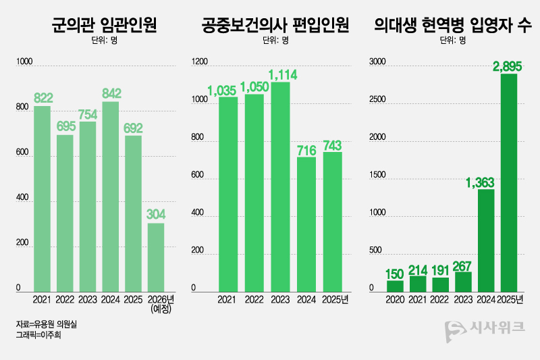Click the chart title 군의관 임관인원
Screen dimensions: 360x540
(104, 26)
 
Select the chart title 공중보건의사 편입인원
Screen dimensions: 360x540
(275, 26)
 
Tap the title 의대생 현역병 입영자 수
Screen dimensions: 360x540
(452, 26)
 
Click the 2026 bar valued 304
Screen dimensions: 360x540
(156, 256)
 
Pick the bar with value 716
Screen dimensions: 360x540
(306, 222)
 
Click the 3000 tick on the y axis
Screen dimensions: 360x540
(375, 63)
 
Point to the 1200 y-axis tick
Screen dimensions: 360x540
(200, 63)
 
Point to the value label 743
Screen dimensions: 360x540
(333, 145)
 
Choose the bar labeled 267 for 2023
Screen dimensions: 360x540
(464, 280)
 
